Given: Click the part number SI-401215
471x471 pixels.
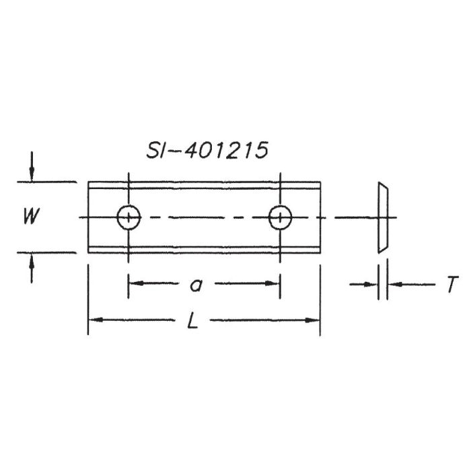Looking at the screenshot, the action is coord(207,150).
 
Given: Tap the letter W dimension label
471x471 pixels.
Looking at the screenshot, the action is coord(32,216).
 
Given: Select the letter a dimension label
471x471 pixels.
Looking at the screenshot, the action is coord(196,285).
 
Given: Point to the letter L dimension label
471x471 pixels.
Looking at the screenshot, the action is coord(192,320).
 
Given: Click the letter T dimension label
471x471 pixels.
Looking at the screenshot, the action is coord(452,284).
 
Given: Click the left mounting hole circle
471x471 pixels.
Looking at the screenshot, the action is coord(129,217).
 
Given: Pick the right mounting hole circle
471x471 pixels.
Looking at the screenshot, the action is coord(281,217).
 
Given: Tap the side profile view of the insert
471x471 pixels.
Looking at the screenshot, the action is coord(383,217).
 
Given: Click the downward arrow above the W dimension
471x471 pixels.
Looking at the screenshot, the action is coord(32,167).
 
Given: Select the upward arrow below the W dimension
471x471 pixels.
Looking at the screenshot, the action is coord(32,268).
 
